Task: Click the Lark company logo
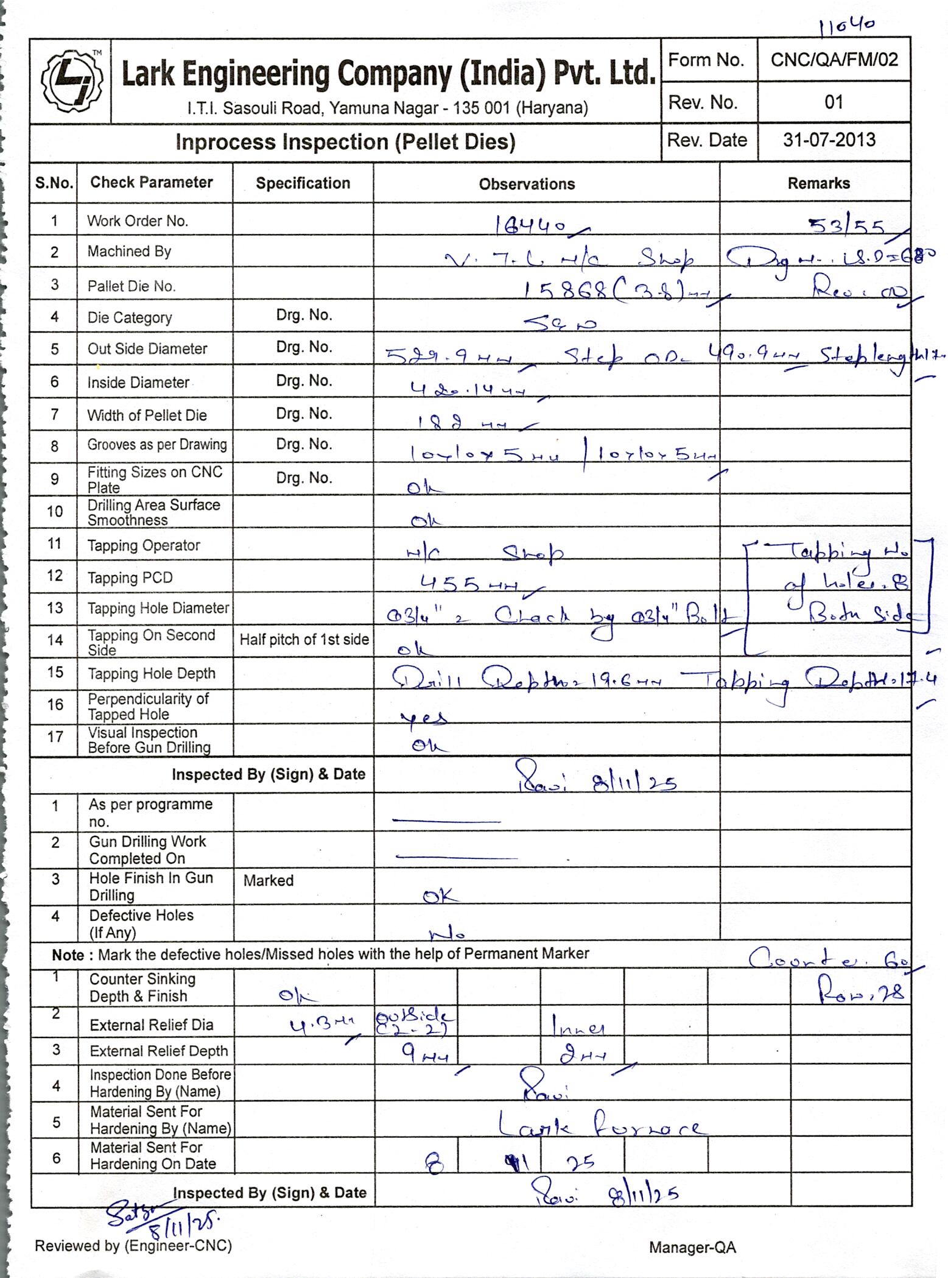pos(71,80)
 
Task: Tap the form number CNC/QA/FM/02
pos(834,60)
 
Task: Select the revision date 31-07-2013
pos(829,140)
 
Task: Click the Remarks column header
pos(818,183)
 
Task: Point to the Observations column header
pos(527,184)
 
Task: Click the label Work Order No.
pos(138,221)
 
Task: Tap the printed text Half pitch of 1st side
pos(304,640)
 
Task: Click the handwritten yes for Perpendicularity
pos(424,718)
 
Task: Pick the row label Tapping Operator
pos(144,545)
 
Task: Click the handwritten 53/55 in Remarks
pos(846,227)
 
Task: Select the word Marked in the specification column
pos(269,880)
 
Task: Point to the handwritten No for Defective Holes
pos(448,933)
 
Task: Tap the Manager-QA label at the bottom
pos(692,1248)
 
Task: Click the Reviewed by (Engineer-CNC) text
pos(133,1246)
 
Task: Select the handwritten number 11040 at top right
pos(846,26)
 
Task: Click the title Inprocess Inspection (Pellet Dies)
pos(345,142)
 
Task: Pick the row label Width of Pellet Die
pos(147,415)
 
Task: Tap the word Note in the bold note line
pos(68,955)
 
